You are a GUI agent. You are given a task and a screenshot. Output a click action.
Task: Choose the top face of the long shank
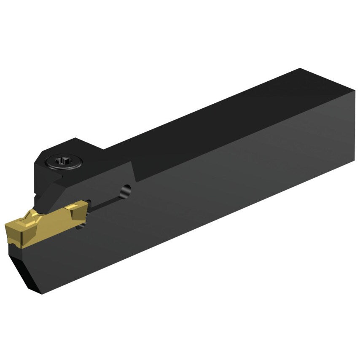[x=211, y=114]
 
